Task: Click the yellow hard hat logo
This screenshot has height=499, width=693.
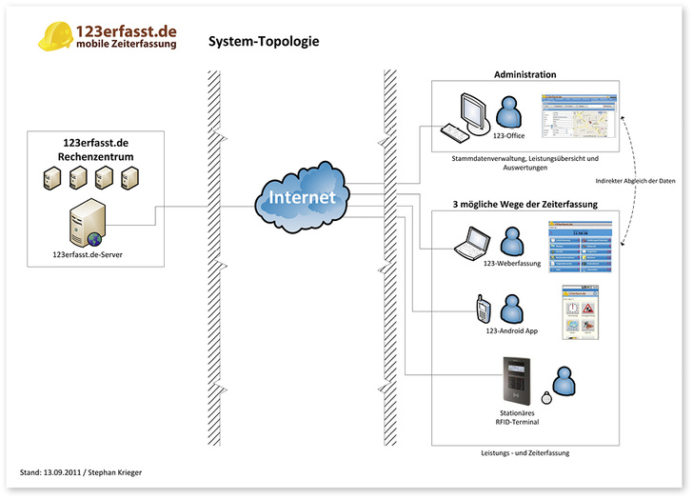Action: (x=56, y=35)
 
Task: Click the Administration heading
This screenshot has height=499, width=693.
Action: (x=525, y=74)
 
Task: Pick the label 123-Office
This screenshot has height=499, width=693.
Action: (x=509, y=136)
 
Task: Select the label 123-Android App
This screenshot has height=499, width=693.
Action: (x=511, y=330)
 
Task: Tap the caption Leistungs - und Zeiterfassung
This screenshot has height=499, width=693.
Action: (x=525, y=453)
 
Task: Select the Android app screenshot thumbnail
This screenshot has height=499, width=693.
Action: (x=579, y=312)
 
